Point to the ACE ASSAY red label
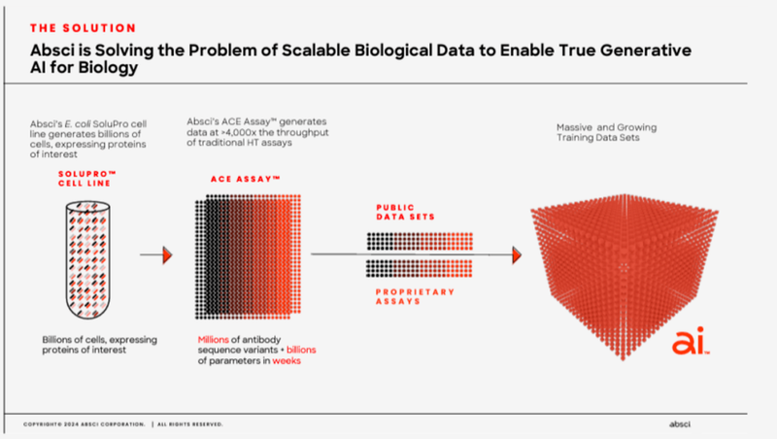(x=245, y=180)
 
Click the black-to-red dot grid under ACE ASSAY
(x=253, y=255)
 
